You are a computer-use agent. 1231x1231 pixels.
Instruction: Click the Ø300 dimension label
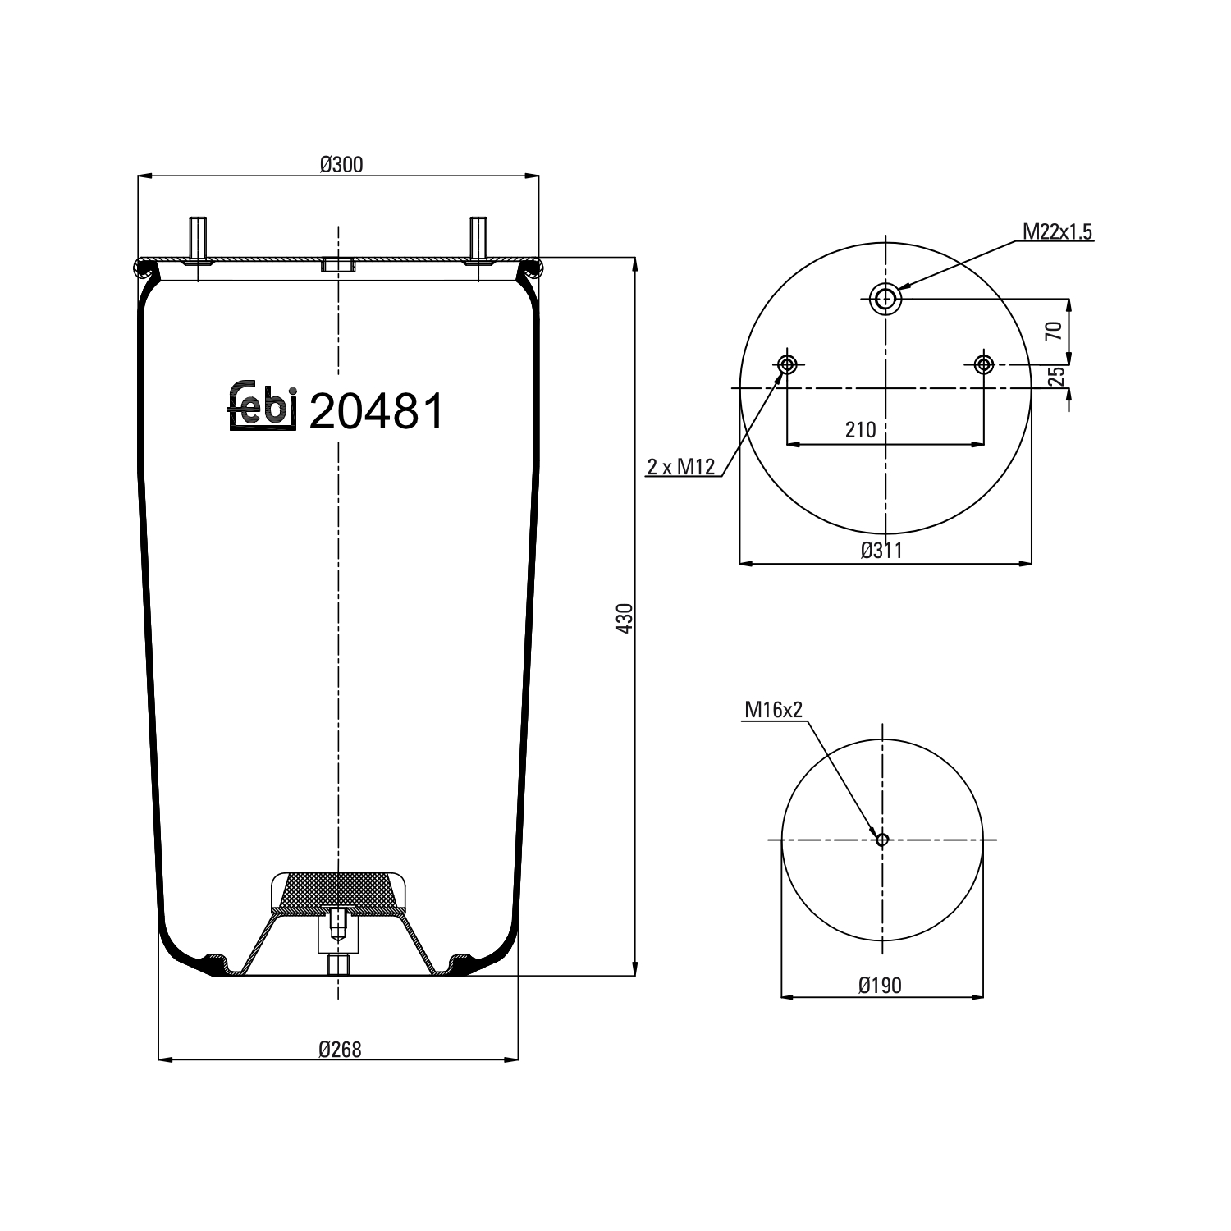click(x=341, y=165)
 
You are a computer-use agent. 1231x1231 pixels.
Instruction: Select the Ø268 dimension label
click(x=340, y=1049)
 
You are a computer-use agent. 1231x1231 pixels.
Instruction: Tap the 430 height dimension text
click(x=625, y=617)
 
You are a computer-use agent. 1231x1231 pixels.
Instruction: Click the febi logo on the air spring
click(x=261, y=406)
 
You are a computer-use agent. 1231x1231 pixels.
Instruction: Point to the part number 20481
click(x=377, y=411)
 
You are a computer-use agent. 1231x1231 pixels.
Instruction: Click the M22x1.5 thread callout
click(x=1057, y=232)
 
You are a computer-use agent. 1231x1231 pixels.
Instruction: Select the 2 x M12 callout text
click(x=681, y=468)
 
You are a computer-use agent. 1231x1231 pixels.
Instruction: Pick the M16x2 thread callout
click(x=772, y=710)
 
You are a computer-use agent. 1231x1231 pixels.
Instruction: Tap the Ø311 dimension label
click(x=881, y=551)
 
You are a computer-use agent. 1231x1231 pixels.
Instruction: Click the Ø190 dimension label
click(x=880, y=985)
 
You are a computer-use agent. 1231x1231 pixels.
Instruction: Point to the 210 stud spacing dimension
click(x=860, y=430)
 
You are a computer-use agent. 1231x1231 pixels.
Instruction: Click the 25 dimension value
click(x=1057, y=376)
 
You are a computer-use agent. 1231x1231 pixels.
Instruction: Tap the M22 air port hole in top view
click(x=885, y=299)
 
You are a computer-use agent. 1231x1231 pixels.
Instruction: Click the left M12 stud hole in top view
click(x=787, y=364)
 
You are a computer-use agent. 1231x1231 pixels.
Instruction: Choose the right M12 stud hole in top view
click(x=983, y=364)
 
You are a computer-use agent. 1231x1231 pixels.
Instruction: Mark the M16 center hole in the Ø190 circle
click(x=882, y=840)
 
